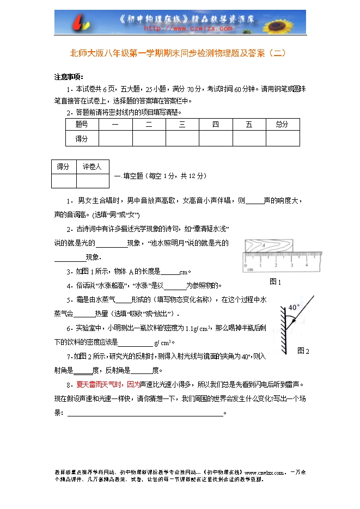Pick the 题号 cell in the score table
click(81, 124)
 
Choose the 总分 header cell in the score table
click(282, 124)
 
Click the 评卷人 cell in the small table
click(92, 167)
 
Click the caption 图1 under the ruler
click(276, 282)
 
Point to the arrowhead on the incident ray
click(288, 321)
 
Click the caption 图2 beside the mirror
click(303, 351)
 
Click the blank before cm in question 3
click(170, 272)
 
